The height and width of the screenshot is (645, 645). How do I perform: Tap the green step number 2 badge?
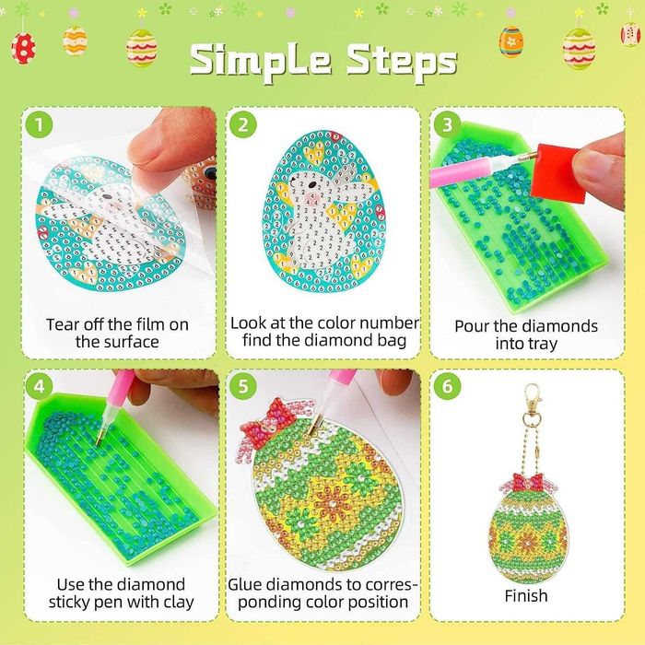point(242,123)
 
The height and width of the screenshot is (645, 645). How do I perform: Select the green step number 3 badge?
point(447,123)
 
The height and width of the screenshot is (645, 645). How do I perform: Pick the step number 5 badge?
point(242,383)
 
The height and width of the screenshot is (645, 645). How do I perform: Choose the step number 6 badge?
point(447,383)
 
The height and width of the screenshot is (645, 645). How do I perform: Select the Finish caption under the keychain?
point(527,596)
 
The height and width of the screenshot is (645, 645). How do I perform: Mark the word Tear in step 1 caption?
point(64,324)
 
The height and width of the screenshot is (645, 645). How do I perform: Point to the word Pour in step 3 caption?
point(473,326)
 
